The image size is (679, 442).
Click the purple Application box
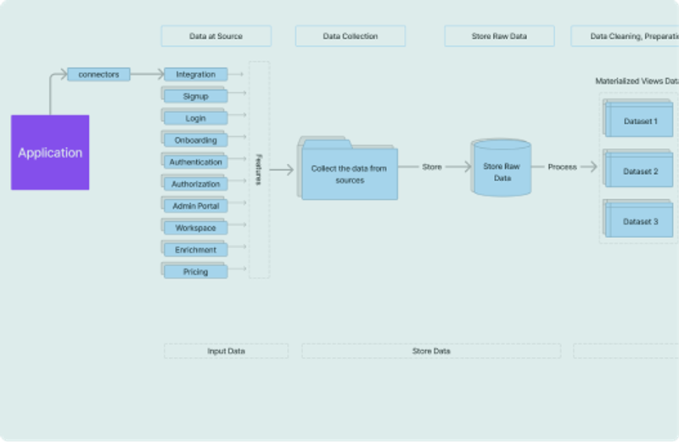click(50, 152)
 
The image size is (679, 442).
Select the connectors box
click(98, 75)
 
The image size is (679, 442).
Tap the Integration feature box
click(196, 75)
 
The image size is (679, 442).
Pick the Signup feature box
click(196, 97)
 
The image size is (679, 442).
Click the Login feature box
click(196, 119)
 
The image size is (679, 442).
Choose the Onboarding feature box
click(196, 140)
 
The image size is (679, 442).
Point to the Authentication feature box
click(196, 162)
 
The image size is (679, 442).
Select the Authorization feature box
click(196, 184)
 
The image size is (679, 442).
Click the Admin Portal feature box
click(196, 207)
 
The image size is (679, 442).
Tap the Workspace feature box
click(196, 229)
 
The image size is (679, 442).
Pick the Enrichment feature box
click(196, 250)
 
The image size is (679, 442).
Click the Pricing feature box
click(196, 272)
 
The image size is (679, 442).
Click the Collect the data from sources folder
click(348, 173)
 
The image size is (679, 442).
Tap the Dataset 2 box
click(641, 172)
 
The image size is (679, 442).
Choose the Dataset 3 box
click(641, 222)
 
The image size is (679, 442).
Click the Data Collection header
click(351, 37)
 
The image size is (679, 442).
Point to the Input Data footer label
click(226, 351)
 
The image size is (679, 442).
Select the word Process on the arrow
click(562, 167)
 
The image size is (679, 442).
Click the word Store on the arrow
click(432, 167)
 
